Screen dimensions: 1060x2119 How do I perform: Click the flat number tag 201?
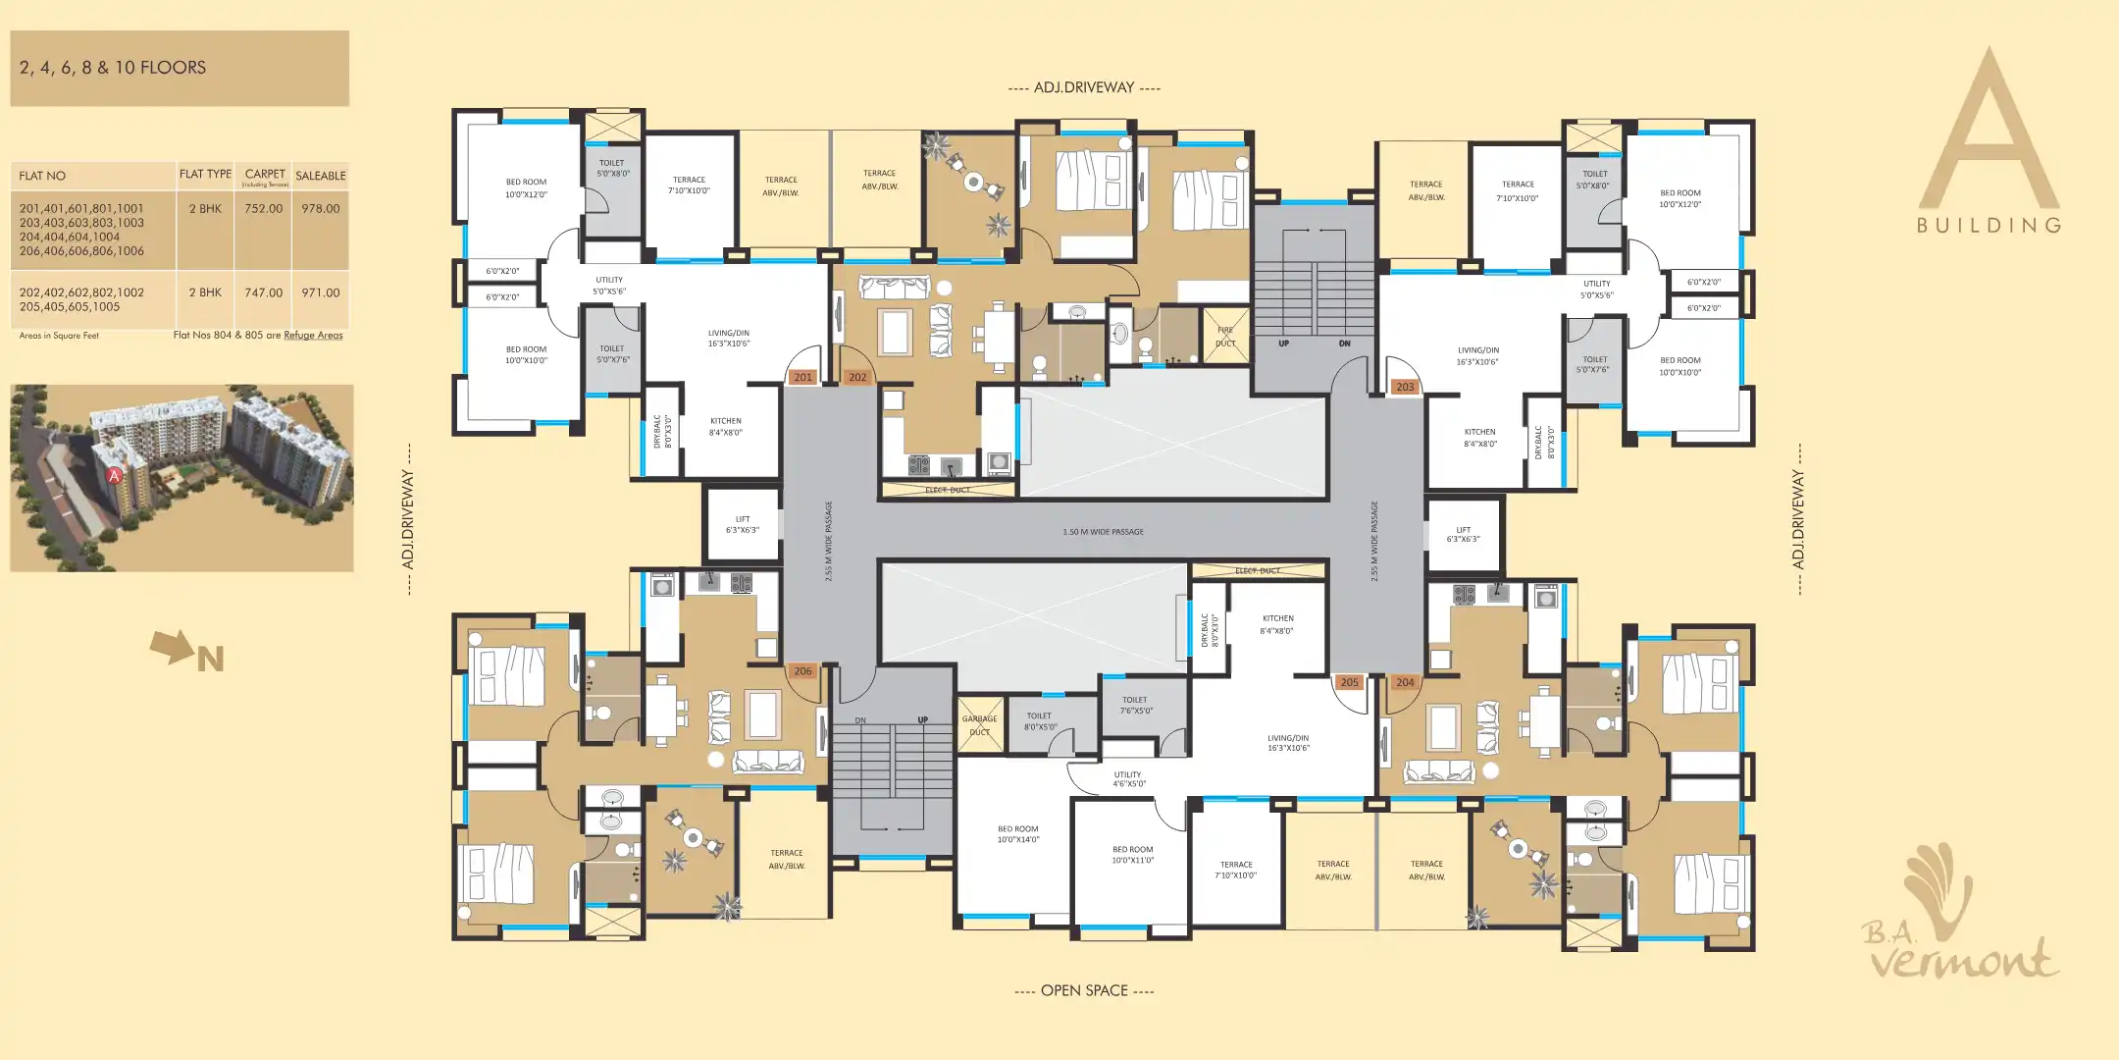802,377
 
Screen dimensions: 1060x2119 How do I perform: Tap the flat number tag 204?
1405,682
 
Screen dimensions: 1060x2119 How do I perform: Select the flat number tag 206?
802,671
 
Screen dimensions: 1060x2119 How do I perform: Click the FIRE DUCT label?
1225,337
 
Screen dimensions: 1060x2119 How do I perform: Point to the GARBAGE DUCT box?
979,725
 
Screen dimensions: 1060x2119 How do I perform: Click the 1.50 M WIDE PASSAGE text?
1103,532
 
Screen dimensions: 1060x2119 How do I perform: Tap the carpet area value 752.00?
263,209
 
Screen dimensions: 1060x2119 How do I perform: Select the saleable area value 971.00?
320,292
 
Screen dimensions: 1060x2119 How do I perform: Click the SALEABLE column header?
320,176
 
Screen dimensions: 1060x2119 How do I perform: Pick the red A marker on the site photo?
114,476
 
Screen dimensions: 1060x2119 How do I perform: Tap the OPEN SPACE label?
1084,990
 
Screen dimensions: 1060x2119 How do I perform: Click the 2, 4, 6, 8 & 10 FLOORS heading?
113,68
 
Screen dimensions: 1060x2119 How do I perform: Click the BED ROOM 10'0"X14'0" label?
1017,834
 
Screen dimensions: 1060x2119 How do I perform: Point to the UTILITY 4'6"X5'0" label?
1128,779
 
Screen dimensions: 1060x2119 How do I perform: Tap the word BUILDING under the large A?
1989,226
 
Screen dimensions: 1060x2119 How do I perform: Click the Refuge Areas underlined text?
313,336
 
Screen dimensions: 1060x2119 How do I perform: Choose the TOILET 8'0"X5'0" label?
1039,721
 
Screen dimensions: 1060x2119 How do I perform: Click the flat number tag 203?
1405,387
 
